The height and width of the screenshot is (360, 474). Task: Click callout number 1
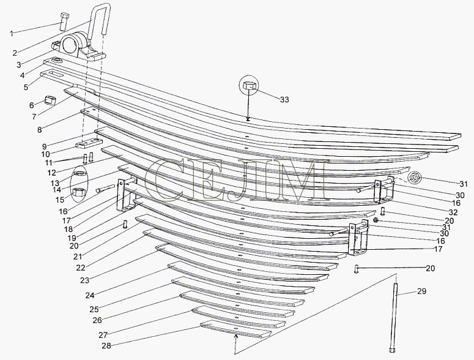click(x=12, y=33)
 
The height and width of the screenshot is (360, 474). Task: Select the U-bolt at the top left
click(x=99, y=21)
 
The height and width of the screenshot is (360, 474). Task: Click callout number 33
click(x=284, y=99)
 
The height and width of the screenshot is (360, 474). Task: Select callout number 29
click(x=421, y=291)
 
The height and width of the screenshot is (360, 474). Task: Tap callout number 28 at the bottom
click(x=106, y=345)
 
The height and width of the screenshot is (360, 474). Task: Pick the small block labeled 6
click(x=50, y=100)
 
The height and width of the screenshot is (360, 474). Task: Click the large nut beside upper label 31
click(x=413, y=178)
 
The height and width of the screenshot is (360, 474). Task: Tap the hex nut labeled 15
click(x=79, y=192)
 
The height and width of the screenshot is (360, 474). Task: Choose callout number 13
click(x=54, y=183)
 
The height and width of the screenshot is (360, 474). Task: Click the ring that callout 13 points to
click(x=79, y=174)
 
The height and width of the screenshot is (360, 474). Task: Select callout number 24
click(x=89, y=295)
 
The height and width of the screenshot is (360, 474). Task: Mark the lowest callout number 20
click(x=430, y=268)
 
